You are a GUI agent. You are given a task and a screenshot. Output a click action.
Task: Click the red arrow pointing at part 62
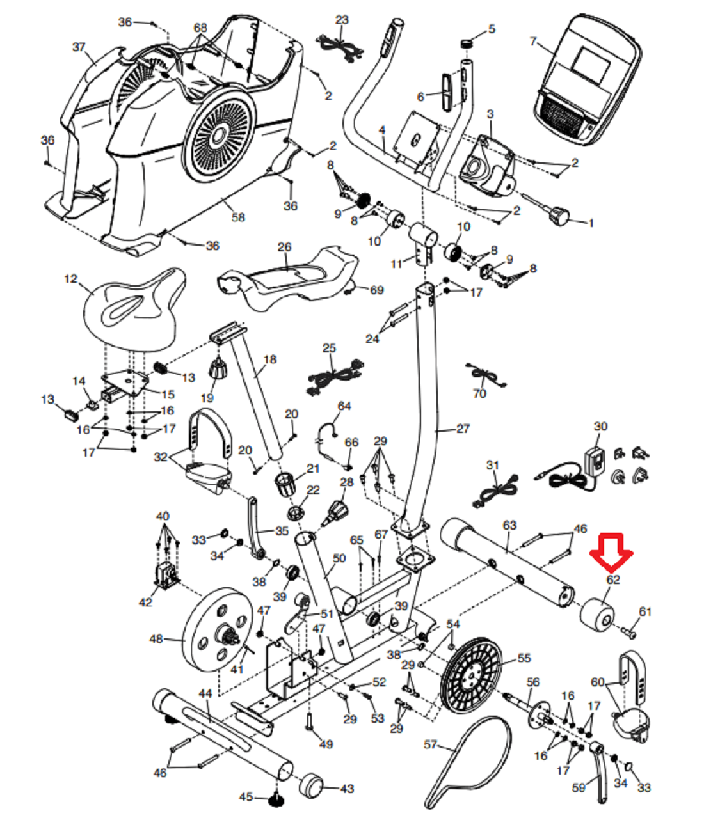(611, 551)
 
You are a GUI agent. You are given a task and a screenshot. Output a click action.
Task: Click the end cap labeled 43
(312, 785)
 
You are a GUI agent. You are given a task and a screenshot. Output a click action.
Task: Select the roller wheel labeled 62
(596, 615)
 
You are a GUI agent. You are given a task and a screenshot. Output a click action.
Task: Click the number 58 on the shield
(238, 217)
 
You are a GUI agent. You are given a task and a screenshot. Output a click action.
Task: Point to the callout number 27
(463, 429)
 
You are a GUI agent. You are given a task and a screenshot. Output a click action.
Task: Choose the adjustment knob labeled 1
(559, 216)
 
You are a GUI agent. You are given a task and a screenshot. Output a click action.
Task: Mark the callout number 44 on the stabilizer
(205, 693)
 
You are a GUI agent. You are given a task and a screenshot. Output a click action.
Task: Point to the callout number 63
(509, 525)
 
